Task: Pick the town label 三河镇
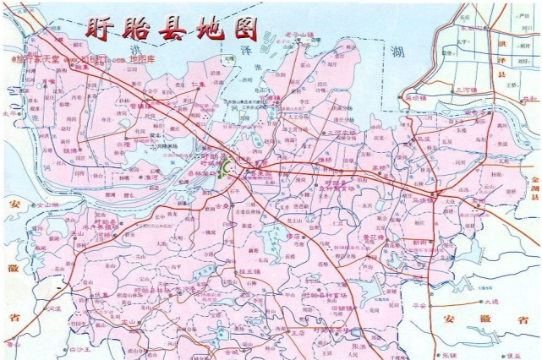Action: (466, 88)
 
